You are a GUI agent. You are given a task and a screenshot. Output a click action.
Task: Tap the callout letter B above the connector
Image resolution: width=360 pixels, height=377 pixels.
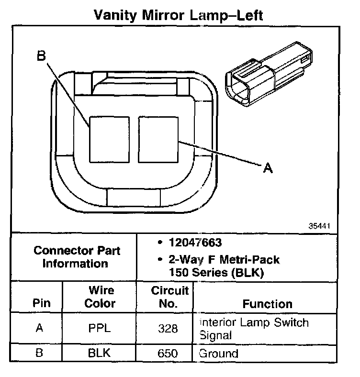pos(41,56)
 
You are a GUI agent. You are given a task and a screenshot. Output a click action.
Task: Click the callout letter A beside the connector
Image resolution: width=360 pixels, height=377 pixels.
pos(268,167)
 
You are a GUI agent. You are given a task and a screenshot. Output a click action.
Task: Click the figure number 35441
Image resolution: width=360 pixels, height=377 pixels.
pos(319,225)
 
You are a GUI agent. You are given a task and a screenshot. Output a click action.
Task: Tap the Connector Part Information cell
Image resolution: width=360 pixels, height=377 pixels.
pos(77,257)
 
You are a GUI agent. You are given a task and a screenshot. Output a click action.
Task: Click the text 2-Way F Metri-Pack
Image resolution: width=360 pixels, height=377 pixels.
pos(224,261)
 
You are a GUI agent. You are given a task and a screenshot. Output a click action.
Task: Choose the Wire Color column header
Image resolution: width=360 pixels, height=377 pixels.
pos(100,297)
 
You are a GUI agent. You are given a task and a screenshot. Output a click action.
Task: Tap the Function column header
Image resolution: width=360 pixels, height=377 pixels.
pos(267,304)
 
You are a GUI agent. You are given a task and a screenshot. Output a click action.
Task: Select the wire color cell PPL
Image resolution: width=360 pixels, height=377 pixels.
pos(100,329)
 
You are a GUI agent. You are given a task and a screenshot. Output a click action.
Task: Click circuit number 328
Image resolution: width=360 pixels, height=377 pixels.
pos(168,329)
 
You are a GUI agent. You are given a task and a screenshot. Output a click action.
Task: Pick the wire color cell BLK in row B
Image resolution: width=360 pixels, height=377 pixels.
pos(100,354)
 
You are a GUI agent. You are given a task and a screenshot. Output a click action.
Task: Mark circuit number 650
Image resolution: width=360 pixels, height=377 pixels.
pos(168,354)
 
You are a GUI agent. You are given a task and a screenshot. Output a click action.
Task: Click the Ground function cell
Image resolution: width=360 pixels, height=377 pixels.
pos(218,354)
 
